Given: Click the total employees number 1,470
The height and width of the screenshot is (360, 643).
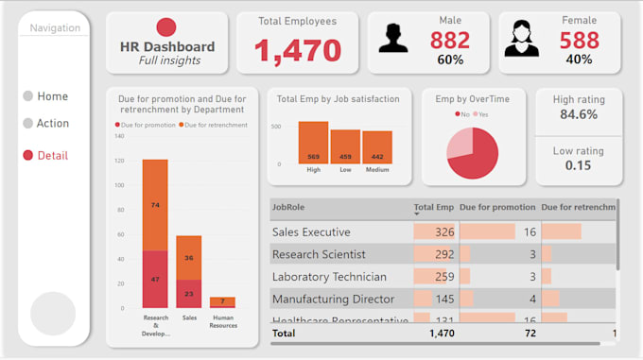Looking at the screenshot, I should tap(296, 50).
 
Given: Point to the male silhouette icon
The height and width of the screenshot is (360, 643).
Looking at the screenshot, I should tap(394, 39).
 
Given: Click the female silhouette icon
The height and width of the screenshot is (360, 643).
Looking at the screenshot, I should tap(521, 39).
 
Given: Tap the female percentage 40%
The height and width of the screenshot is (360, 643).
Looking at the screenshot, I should tap(578, 60).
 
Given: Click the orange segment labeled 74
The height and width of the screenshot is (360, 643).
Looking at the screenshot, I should tap(155, 205).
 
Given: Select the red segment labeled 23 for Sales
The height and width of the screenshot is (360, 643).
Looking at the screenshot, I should tap(188, 294).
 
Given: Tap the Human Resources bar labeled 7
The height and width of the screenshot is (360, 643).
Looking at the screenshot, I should tap(223, 301).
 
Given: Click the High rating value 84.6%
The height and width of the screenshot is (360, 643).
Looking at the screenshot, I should tap(578, 114).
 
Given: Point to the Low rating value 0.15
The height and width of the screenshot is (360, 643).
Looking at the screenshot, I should tap(578, 165).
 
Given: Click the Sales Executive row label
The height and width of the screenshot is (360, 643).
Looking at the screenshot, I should tap(311, 231).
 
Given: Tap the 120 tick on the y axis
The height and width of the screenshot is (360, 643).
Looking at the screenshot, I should tap(119, 161).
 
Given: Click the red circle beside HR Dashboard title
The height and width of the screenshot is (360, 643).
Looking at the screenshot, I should tap(166, 27).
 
